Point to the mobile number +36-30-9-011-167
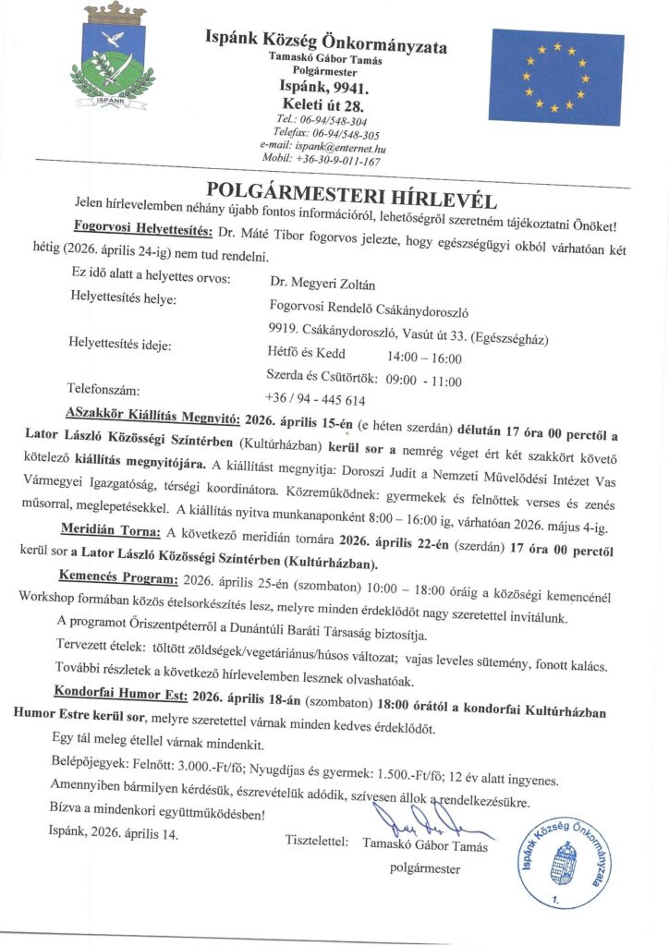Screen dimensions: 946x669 pos(322,161)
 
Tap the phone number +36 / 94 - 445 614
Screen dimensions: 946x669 pos(316,400)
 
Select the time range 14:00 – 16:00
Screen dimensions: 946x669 pos(425,355)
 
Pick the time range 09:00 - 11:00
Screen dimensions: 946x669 pos(426,380)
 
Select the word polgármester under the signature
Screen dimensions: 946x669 pos(425,867)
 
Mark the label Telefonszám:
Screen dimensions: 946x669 pos(103,388)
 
